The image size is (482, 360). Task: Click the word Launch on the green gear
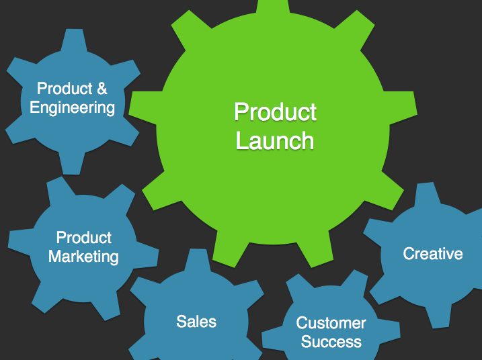click(275, 141)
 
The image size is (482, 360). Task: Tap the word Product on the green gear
click(275, 112)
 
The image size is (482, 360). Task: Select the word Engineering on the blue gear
click(72, 107)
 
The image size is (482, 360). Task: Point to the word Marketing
click(83, 256)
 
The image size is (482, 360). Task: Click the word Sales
click(196, 321)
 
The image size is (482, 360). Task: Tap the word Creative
click(432, 253)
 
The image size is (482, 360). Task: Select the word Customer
click(331, 323)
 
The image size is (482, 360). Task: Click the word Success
click(331, 341)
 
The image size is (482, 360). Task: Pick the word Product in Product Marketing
click(84, 238)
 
